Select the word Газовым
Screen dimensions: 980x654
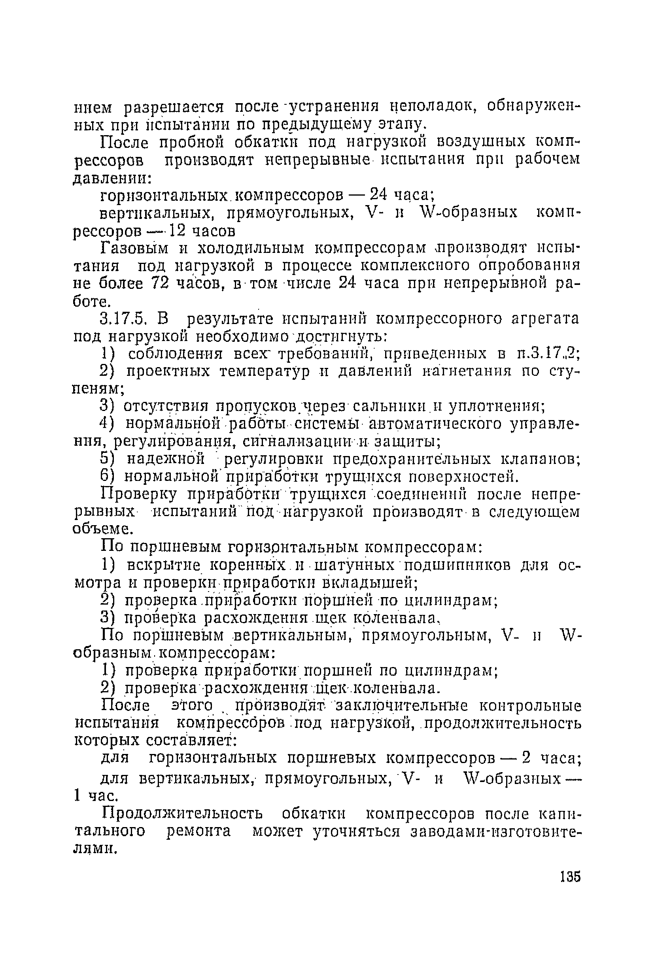click(134, 249)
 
